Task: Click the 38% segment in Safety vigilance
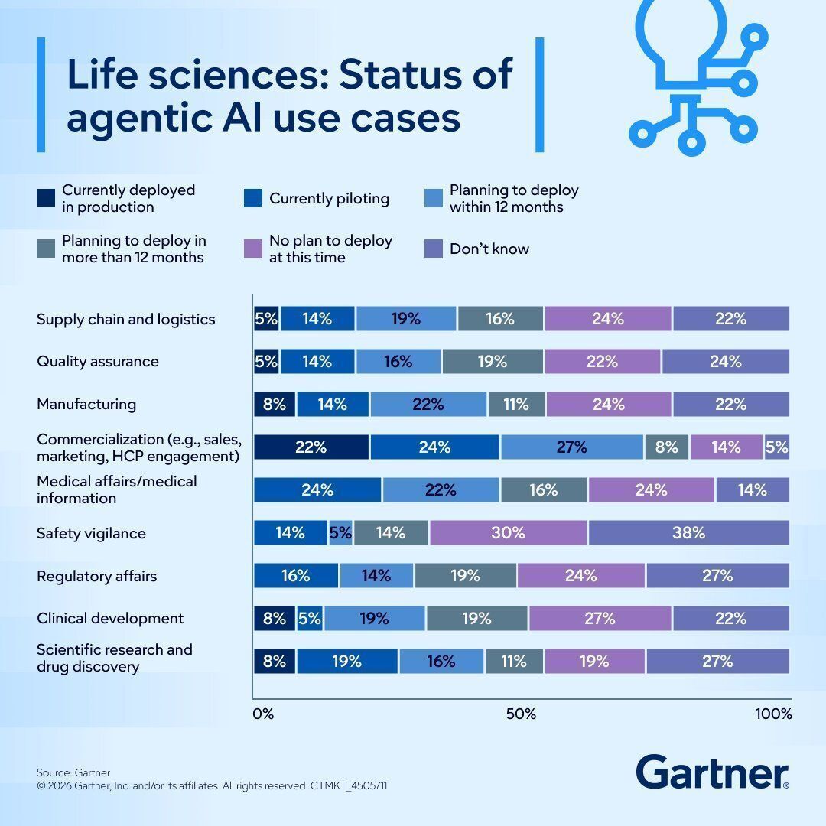688,533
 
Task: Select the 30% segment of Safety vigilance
508,533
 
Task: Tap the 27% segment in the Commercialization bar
571,447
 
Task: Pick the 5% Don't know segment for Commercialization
776,447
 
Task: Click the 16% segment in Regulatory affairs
295,576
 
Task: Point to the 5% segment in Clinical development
310,618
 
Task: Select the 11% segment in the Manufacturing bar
515,404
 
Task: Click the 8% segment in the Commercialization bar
666,447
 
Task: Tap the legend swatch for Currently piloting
253,198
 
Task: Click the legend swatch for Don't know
434,249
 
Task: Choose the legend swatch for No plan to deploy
253,249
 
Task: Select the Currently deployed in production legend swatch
46,198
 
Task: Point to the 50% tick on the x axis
521,714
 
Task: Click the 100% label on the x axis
773,714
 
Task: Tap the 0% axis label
262,714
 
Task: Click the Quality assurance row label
98,362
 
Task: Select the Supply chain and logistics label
126,319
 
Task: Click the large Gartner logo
711,772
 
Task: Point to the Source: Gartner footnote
73,772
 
